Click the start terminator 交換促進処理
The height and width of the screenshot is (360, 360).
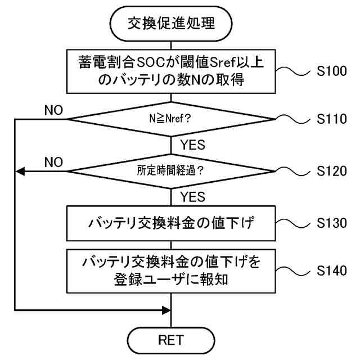point(171,24)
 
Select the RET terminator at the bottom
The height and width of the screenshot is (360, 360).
point(171,340)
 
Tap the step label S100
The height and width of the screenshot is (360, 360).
point(331,71)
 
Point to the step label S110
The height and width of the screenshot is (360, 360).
point(331,119)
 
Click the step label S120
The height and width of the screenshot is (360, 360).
point(331,171)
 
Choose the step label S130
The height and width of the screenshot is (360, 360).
point(331,223)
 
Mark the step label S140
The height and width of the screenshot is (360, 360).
point(331,271)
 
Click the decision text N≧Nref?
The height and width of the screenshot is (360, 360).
point(170,119)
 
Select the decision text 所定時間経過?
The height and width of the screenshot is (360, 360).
point(170,170)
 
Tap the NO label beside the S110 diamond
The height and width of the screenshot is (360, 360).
point(53,110)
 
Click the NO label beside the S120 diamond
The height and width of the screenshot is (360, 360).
point(53,162)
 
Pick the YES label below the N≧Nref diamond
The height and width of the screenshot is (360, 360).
point(192,145)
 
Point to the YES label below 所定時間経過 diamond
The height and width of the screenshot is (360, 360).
point(192,197)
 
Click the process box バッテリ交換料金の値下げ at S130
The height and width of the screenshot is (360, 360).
point(171,223)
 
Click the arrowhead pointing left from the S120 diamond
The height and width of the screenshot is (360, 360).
point(20,171)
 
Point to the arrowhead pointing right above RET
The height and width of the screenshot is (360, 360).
point(166,310)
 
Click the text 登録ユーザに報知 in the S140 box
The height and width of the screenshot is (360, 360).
point(171,280)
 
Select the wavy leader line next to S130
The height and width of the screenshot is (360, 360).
point(293,223)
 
